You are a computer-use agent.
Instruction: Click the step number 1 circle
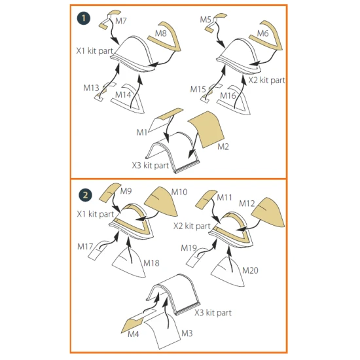(x=84, y=18)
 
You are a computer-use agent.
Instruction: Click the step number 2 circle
(x=85, y=195)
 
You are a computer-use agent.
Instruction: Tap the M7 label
(x=121, y=21)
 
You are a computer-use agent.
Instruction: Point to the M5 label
(x=206, y=20)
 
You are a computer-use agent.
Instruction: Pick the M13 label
(x=91, y=88)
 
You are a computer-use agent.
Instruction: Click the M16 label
(x=228, y=96)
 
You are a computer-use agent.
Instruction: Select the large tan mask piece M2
(x=206, y=129)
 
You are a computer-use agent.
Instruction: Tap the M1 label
(x=141, y=132)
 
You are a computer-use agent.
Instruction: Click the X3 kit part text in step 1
(x=151, y=166)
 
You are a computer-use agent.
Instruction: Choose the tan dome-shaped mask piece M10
(x=162, y=202)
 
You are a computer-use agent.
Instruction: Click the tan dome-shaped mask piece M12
(x=268, y=212)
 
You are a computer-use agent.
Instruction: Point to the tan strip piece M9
(x=110, y=192)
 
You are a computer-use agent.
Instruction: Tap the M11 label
(x=225, y=198)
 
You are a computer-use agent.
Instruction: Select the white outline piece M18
(x=129, y=262)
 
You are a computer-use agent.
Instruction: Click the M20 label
(x=250, y=270)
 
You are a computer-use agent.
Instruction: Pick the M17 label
(x=85, y=247)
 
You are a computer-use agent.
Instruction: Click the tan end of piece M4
(x=132, y=325)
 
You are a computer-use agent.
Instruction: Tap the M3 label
(x=187, y=333)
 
